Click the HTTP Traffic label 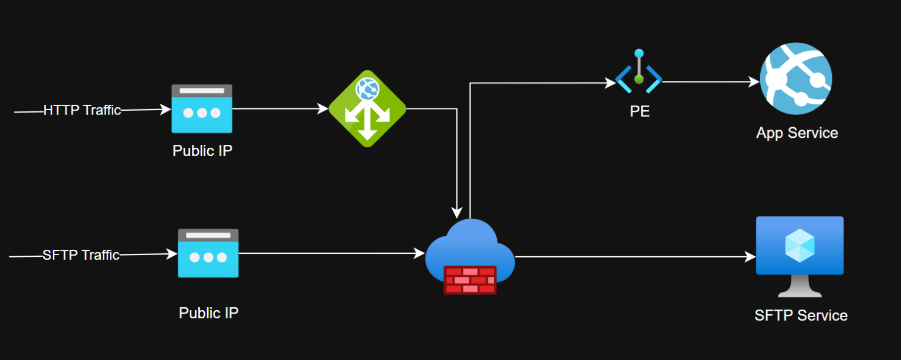coord(82,110)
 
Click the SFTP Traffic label coord(81,255)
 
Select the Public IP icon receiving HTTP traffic coord(202,108)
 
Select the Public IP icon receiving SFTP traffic coord(208,253)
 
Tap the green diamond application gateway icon coord(367,108)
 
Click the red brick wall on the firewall coord(470,280)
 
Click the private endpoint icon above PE coord(639,73)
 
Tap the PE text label coord(639,111)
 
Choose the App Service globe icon coord(796,78)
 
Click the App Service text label coord(797,133)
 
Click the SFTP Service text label coord(801,315)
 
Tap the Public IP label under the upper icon coord(202,151)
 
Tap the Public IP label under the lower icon coord(209,313)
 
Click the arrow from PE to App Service coord(710,82)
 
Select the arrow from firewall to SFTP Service coord(634,256)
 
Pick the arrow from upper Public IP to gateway coord(279,108)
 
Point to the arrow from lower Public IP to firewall coord(331,253)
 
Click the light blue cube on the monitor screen coord(800,245)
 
